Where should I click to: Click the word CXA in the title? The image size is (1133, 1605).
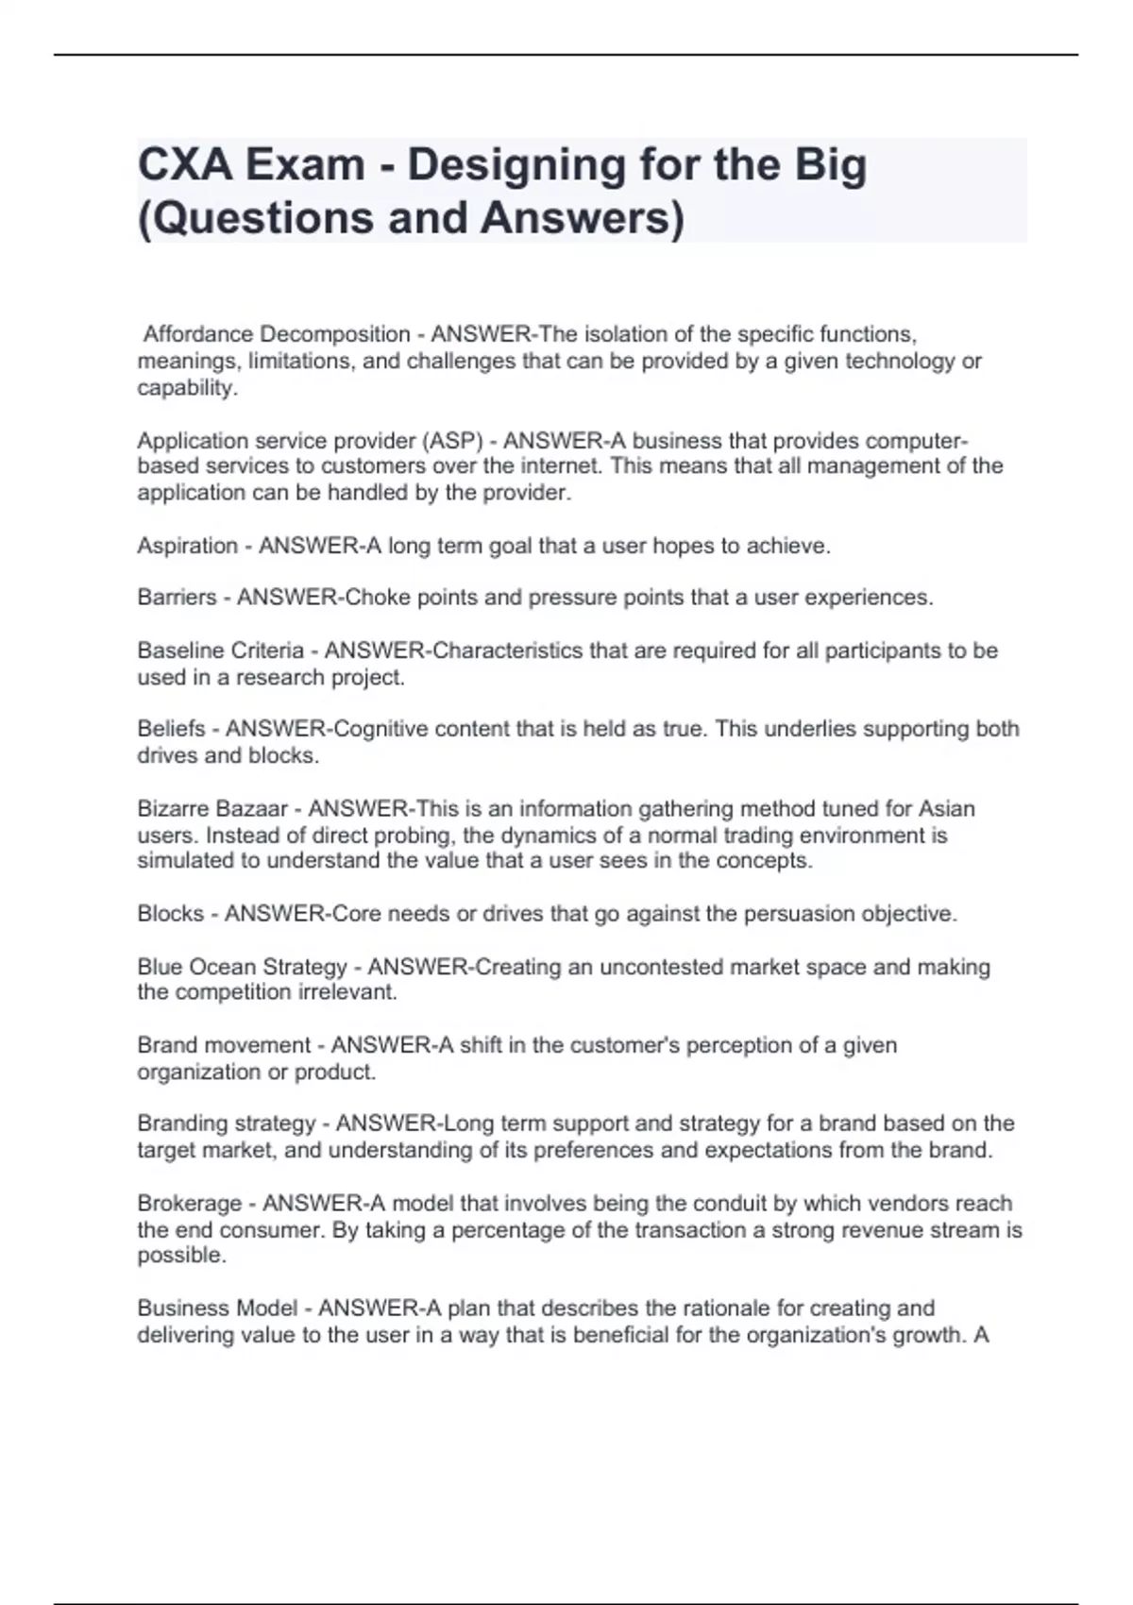(x=184, y=165)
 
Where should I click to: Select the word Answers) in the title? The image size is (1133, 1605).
(x=583, y=218)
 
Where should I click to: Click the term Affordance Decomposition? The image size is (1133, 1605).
(x=276, y=334)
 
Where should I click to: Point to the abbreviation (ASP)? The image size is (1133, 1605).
(x=458, y=441)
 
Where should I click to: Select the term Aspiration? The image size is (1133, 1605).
(x=187, y=546)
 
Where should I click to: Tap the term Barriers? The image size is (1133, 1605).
(x=177, y=598)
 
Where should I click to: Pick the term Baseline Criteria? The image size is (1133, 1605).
(x=220, y=650)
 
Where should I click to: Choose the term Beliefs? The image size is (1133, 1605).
(x=171, y=729)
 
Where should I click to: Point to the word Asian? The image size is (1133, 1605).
(x=946, y=809)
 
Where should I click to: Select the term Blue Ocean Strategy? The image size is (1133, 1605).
(x=242, y=967)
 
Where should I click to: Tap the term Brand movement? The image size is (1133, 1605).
(x=224, y=1045)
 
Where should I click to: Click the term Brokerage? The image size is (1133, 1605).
(x=189, y=1204)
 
